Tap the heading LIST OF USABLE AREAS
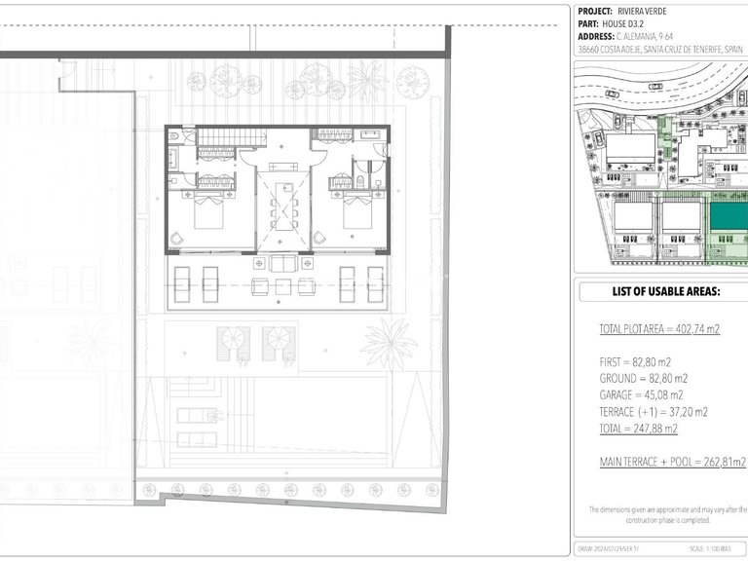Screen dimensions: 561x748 click(665, 291)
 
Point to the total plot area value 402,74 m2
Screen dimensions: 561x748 click(695, 329)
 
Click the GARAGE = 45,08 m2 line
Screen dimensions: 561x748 click(643, 394)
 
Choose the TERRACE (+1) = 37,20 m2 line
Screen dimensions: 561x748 click(654, 411)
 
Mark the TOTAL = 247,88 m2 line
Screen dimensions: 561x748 click(639, 428)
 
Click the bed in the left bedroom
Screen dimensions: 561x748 click(210, 211)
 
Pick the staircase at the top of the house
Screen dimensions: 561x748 click(216, 136)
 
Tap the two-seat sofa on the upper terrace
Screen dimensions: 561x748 click(281, 263)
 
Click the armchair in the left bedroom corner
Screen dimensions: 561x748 click(175, 240)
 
